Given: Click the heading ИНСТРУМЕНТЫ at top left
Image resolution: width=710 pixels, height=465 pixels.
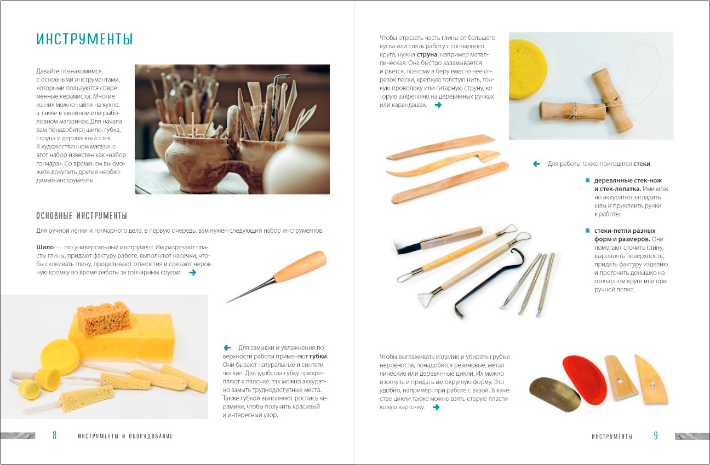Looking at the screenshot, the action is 84,39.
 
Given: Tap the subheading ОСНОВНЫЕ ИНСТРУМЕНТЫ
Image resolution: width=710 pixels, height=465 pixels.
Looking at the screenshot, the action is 82,216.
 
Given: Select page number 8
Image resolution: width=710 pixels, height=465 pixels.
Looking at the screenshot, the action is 55,435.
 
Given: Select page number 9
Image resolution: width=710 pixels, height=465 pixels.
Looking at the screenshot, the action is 656,435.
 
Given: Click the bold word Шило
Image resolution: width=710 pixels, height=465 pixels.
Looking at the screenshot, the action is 45,247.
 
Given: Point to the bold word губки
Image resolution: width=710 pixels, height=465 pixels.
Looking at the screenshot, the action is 318,356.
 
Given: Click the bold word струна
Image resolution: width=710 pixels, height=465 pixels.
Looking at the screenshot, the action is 427,55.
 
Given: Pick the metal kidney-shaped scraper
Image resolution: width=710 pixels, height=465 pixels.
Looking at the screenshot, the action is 554,394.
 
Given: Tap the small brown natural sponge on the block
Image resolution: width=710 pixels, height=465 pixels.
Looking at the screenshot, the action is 104,319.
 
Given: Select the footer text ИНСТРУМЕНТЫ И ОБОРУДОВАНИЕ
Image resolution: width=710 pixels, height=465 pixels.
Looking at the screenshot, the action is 125,436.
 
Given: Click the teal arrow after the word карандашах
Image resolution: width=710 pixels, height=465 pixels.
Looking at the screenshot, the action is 438,105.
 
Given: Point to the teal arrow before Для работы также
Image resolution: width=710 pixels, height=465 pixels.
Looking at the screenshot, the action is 536,164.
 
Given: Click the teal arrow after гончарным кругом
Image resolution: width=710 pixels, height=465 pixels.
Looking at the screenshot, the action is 192,273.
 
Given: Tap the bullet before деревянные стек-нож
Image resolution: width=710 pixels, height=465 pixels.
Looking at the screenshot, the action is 587,180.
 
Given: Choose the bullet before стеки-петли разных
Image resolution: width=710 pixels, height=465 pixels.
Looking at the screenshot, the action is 587,231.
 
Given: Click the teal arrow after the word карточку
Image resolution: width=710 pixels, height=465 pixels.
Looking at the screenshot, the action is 436,407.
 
